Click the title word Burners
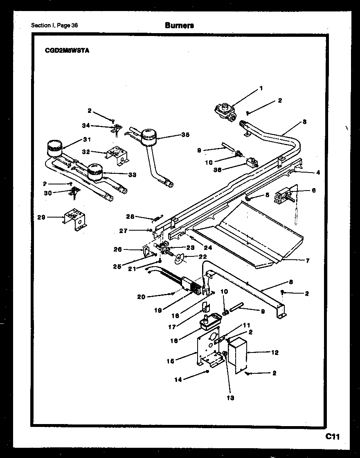(x=179, y=25)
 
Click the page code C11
(x=333, y=436)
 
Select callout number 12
(x=275, y=352)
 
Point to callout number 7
(x=308, y=260)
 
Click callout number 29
(x=41, y=217)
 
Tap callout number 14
(x=178, y=380)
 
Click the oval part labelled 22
(x=178, y=258)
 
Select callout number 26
(x=117, y=249)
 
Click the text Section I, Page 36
(x=54, y=25)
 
